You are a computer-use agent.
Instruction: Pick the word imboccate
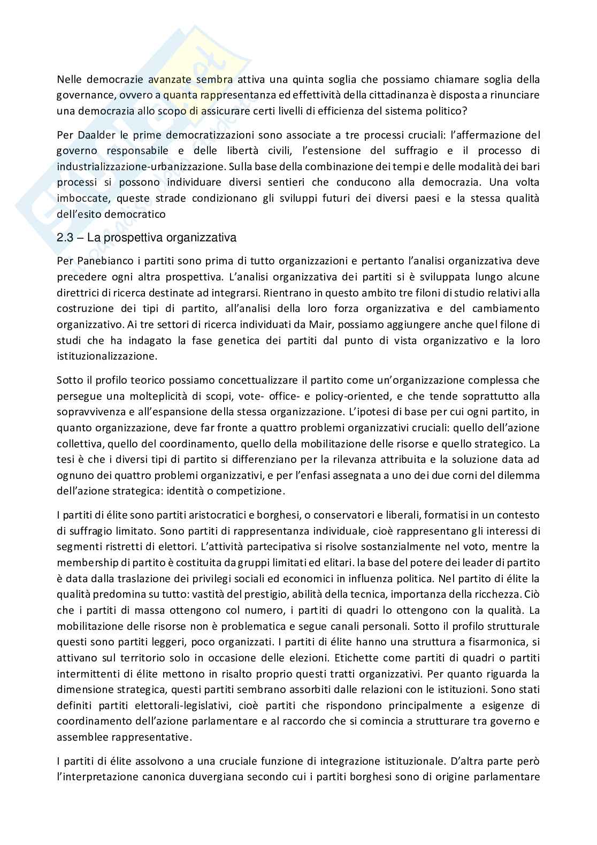pos(80,198)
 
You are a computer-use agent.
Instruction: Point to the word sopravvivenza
pos(90,412)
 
